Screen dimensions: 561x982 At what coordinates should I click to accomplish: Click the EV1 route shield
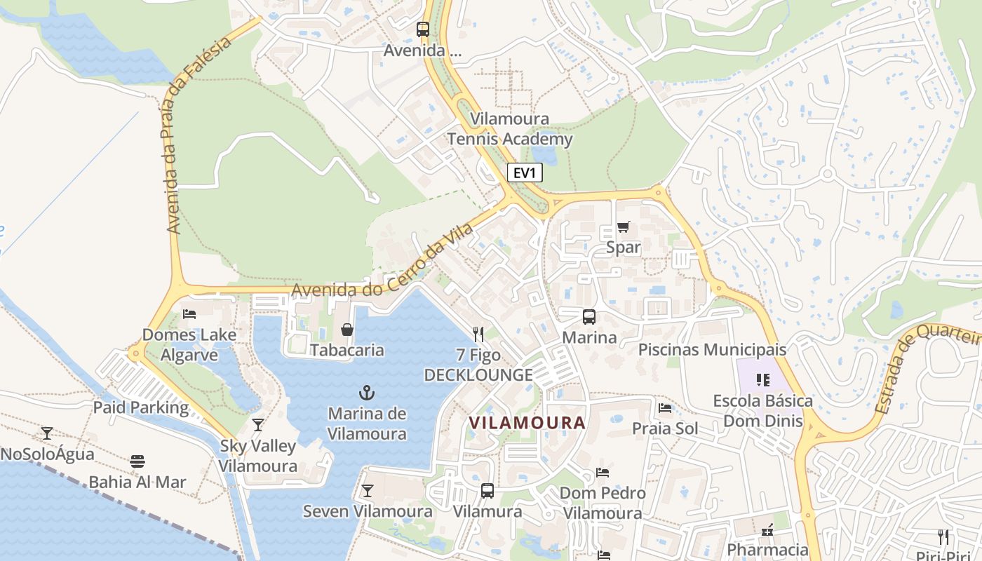[525, 173]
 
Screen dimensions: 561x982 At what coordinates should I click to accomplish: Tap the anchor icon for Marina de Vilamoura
[367, 392]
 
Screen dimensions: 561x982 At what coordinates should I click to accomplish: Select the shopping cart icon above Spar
[623, 227]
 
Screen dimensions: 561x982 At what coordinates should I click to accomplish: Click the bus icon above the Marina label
[589, 316]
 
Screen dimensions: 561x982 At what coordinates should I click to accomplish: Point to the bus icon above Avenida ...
[423, 29]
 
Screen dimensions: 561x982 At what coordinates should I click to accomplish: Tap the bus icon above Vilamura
[487, 490]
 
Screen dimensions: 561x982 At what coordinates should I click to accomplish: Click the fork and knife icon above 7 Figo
[478, 334]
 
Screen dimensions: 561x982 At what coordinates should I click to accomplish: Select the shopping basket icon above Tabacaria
[347, 329]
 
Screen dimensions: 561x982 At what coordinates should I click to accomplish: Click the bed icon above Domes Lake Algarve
[189, 313]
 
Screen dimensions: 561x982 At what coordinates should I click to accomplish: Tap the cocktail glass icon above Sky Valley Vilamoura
[258, 424]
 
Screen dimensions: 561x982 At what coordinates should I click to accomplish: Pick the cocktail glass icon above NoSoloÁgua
[47, 433]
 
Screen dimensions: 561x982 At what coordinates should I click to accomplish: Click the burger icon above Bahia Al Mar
[137, 461]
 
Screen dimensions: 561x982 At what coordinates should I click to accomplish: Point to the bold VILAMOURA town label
[527, 423]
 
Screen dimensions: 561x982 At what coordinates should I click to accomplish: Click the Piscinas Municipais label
[712, 349]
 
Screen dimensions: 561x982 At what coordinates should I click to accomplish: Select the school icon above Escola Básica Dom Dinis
[763, 380]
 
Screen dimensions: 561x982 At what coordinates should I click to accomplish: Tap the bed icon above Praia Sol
[665, 407]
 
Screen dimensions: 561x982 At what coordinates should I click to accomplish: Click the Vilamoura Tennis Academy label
[510, 129]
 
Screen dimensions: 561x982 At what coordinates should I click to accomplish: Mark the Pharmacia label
[767, 549]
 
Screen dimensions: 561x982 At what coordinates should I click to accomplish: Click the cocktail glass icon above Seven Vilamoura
[367, 490]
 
